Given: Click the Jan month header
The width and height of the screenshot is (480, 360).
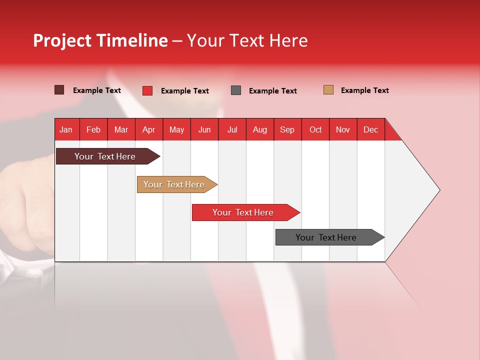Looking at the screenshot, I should (x=66, y=129).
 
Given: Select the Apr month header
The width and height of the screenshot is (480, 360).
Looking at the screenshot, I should (x=149, y=129).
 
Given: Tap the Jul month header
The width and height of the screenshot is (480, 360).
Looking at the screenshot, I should (x=232, y=129).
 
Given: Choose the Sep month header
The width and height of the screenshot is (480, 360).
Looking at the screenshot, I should (x=287, y=129).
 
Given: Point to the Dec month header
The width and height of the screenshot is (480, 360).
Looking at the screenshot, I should (x=370, y=129).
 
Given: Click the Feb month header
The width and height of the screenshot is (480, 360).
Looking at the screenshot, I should (x=93, y=129).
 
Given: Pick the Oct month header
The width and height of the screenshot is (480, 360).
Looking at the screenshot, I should (x=315, y=129).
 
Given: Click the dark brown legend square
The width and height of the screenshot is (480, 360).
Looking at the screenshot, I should (x=59, y=90).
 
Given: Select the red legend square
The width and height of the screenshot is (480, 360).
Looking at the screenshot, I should (x=147, y=90).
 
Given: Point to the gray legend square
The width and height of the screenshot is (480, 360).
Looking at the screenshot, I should (x=236, y=90).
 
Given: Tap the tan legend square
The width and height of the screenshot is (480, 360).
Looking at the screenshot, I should (x=328, y=90).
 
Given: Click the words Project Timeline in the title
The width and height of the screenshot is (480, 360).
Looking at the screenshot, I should (x=100, y=40).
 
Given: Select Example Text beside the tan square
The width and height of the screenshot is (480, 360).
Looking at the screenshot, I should (x=364, y=90).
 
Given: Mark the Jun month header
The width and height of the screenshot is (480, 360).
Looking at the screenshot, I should (x=204, y=129).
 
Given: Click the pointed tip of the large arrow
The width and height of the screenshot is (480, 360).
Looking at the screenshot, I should (x=438, y=190).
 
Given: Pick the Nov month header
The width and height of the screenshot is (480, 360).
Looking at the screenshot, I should (x=343, y=129).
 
